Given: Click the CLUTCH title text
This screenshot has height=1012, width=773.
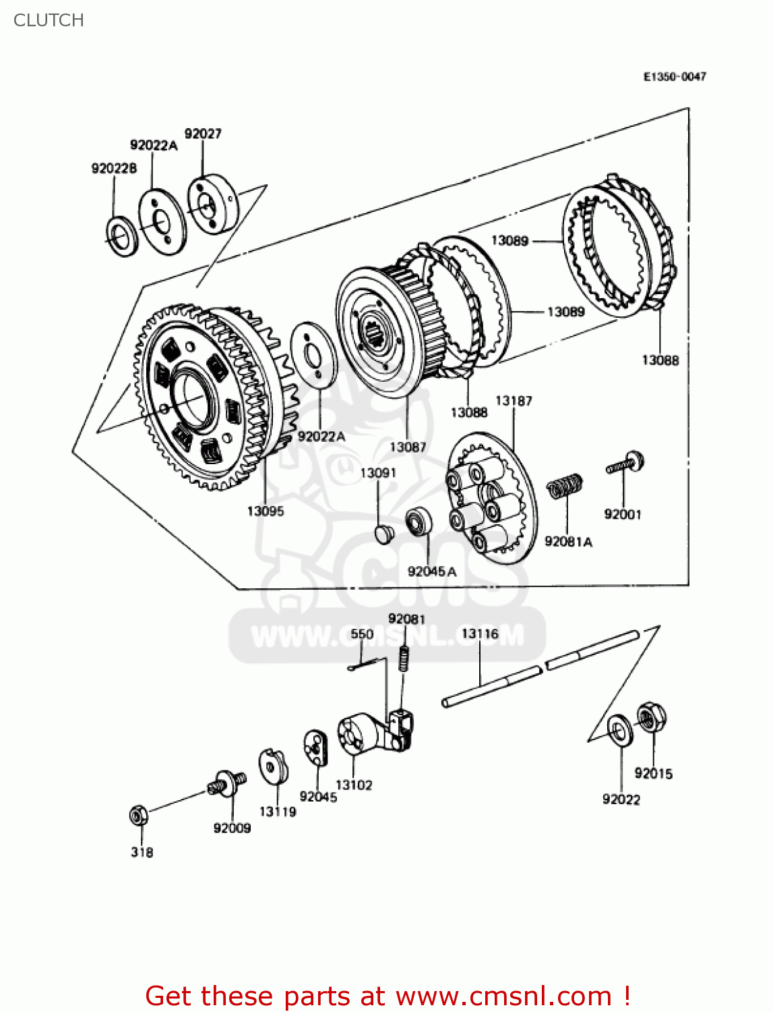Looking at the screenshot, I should click(49, 20).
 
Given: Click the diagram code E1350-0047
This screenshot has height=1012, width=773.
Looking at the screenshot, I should click(675, 77).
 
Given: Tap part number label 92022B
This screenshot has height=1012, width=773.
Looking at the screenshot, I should click(114, 168).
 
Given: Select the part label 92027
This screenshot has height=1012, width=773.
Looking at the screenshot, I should click(203, 134).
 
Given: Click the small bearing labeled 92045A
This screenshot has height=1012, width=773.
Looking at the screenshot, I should click(419, 522).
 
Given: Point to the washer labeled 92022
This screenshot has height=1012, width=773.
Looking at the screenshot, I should click(620, 731).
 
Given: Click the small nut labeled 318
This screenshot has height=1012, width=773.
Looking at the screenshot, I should click(138, 816).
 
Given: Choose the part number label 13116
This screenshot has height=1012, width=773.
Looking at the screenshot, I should click(480, 634).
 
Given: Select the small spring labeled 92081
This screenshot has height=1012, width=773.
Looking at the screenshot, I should click(404, 657).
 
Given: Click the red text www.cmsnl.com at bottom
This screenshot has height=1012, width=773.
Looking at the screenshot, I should click(503, 996).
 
